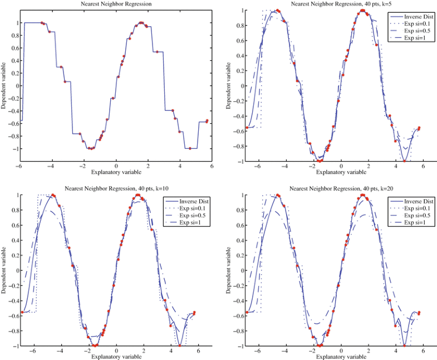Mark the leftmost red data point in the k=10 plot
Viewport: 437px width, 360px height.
(22, 312)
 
